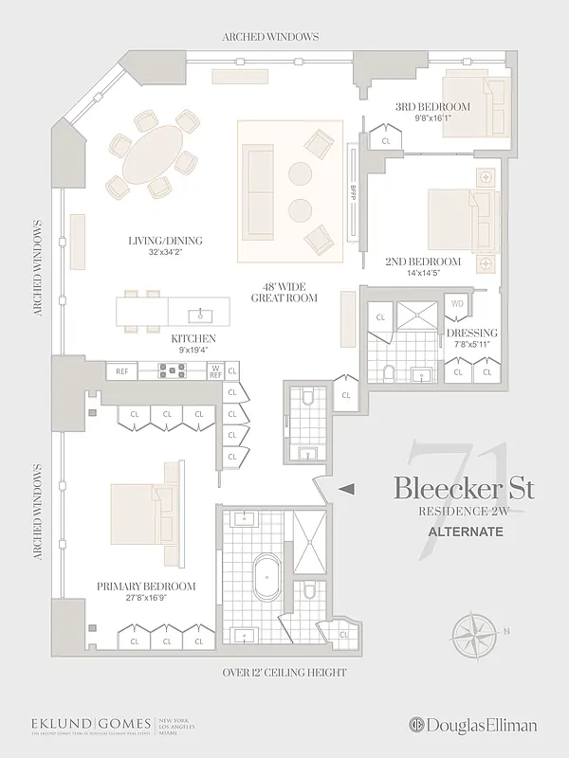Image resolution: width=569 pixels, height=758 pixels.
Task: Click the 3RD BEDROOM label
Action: pyautogui.click(x=419, y=107)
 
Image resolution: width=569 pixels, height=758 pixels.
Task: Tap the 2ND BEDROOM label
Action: pyautogui.click(x=423, y=262)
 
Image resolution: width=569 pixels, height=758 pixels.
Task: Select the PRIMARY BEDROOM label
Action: pyautogui.click(x=146, y=587)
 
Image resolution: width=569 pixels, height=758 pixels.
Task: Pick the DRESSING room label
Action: pyautogui.click(x=471, y=333)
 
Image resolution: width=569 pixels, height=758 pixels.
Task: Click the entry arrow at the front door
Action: pyautogui.click(x=348, y=489)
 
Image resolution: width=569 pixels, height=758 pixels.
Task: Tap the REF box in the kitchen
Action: pyautogui.click(x=121, y=370)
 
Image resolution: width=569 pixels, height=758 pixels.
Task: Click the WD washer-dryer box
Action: pyautogui.click(x=457, y=304)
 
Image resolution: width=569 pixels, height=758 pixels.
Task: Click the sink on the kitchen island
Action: pyautogui.click(x=200, y=312)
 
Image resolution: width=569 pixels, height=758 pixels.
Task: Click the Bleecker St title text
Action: pyautogui.click(x=464, y=490)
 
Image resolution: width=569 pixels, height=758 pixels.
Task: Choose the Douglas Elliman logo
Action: pyautogui.click(x=472, y=725)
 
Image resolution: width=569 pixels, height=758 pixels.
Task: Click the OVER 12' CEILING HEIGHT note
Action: pyautogui.click(x=284, y=673)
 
